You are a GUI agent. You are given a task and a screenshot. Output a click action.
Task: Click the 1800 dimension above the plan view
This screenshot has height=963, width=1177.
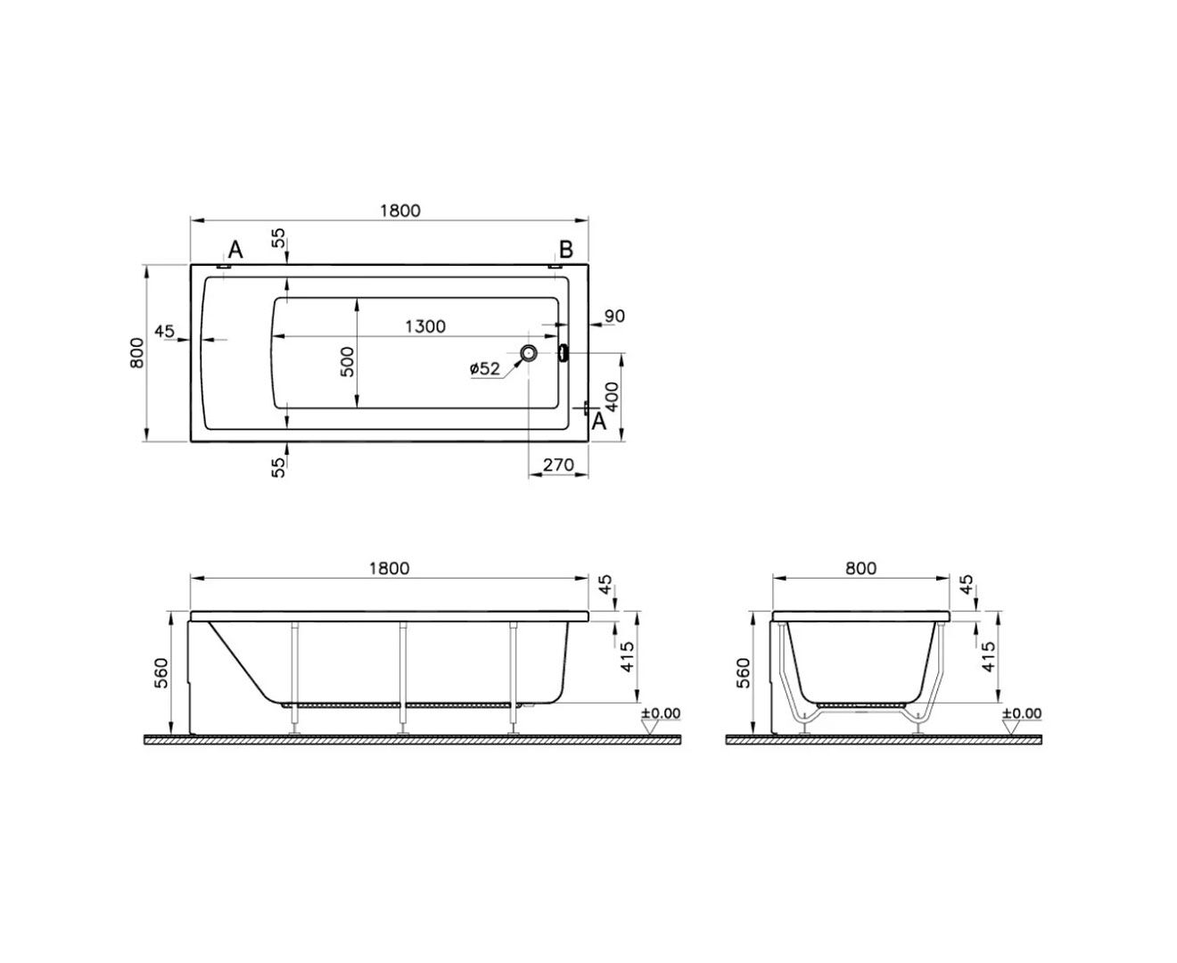(x=399, y=210)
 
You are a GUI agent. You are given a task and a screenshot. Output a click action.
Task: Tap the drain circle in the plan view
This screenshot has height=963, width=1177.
(x=528, y=352)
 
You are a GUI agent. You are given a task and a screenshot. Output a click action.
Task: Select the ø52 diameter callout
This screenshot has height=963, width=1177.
(x=484, y=369)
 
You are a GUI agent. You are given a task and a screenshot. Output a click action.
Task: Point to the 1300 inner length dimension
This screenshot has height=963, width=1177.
(x=424, y=326)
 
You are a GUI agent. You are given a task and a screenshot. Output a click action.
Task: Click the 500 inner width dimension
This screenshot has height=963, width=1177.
(x=347, y=361)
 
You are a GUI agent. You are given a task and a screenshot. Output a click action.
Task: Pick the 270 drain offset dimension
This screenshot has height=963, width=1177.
(x=558, y=465)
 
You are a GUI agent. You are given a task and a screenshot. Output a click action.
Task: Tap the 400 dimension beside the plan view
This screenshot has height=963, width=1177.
(x=613, y=397)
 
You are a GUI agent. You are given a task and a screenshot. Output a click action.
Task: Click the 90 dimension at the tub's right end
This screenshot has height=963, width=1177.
(x=614, y=316)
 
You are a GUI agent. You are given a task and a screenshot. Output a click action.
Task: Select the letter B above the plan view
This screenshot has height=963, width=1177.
(x=566, y=250)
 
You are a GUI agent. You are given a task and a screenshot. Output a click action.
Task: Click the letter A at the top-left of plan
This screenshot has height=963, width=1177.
(x=235, y=250)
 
